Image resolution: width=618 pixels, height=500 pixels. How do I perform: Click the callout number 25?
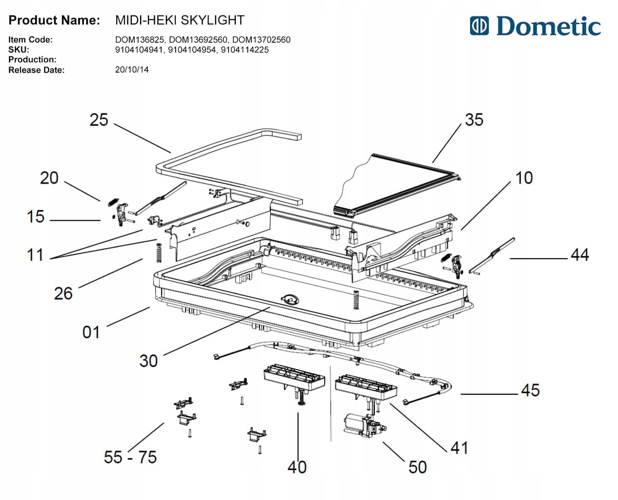99,120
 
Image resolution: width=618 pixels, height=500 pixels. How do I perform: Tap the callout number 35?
474,120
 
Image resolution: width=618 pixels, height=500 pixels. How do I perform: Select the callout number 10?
524,178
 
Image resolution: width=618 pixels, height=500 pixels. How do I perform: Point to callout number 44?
580,255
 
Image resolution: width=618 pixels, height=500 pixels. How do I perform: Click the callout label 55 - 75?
130,457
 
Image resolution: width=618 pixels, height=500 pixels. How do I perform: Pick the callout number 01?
91,332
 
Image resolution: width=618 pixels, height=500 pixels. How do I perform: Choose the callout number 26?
63,293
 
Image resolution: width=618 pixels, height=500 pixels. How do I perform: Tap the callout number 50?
418,467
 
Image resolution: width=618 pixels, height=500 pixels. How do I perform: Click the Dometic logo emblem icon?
479,26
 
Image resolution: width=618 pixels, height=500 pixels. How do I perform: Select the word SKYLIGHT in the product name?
212,20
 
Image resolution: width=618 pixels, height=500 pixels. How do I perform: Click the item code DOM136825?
141,40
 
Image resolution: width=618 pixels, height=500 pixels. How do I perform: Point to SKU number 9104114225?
245,50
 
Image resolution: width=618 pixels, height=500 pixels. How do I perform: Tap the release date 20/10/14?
132,70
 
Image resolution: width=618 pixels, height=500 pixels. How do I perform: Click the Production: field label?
32,59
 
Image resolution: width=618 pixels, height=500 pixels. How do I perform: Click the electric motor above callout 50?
365,426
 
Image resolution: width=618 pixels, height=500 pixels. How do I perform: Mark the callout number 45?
530,390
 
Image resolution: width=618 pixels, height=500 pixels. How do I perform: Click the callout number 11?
35,255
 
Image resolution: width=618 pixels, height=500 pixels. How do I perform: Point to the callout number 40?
297,467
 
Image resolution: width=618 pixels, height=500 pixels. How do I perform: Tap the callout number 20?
49,178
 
